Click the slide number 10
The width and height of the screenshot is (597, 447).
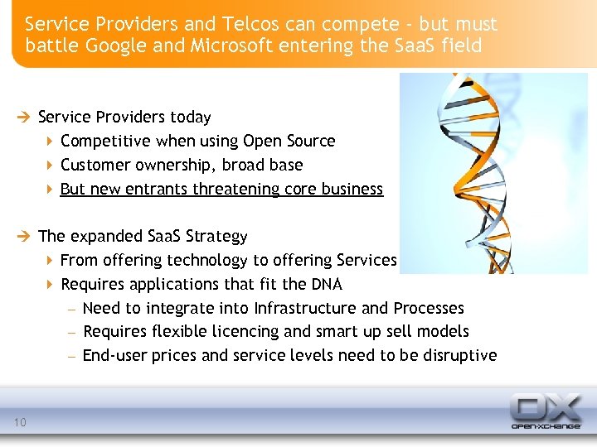pyautogui.click(x=20, y=423)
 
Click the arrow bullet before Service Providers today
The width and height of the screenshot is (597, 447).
pyautogui.click(x=27, y=118)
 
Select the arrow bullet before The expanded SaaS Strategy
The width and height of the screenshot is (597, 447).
pyautogui.click(x=27, y=237)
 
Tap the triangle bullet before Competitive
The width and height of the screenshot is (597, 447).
pyautogui.click(x=50, y=142)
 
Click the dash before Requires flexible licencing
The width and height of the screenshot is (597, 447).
pyautogui.click(x=72, y=332)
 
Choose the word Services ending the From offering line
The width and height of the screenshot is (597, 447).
pyautogui.click(x=367, y=261)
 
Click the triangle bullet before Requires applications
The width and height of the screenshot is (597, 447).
pyautogui.click(x=50, y=285)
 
